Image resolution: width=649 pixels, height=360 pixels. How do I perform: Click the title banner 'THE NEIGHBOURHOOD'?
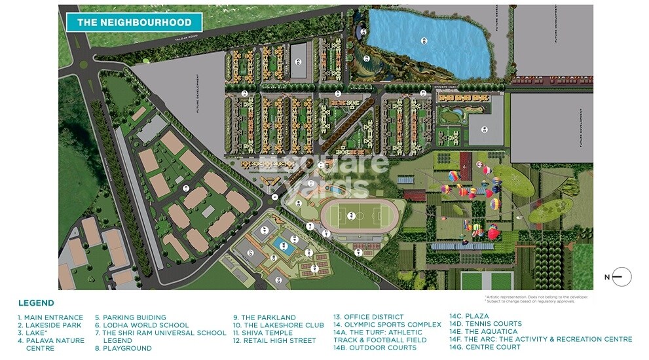[134, 22]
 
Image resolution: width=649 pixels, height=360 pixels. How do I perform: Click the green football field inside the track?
[351, 215]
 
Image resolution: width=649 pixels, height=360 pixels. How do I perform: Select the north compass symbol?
[621, 277]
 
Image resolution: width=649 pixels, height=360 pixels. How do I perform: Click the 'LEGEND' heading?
[36, 303]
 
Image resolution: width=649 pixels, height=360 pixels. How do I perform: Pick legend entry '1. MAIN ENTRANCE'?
[50, 317]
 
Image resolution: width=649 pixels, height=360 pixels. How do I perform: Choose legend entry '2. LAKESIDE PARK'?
[50, 325]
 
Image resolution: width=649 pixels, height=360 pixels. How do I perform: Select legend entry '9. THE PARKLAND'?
[265, 317]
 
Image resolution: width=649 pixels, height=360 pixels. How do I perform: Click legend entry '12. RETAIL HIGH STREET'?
[274, 340]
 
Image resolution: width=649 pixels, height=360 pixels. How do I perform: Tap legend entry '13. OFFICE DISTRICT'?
[368, 317]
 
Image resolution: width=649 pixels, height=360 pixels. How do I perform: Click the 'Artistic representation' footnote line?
[536, 297]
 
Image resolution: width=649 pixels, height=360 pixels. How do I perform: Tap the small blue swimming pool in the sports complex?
[286, 247]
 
